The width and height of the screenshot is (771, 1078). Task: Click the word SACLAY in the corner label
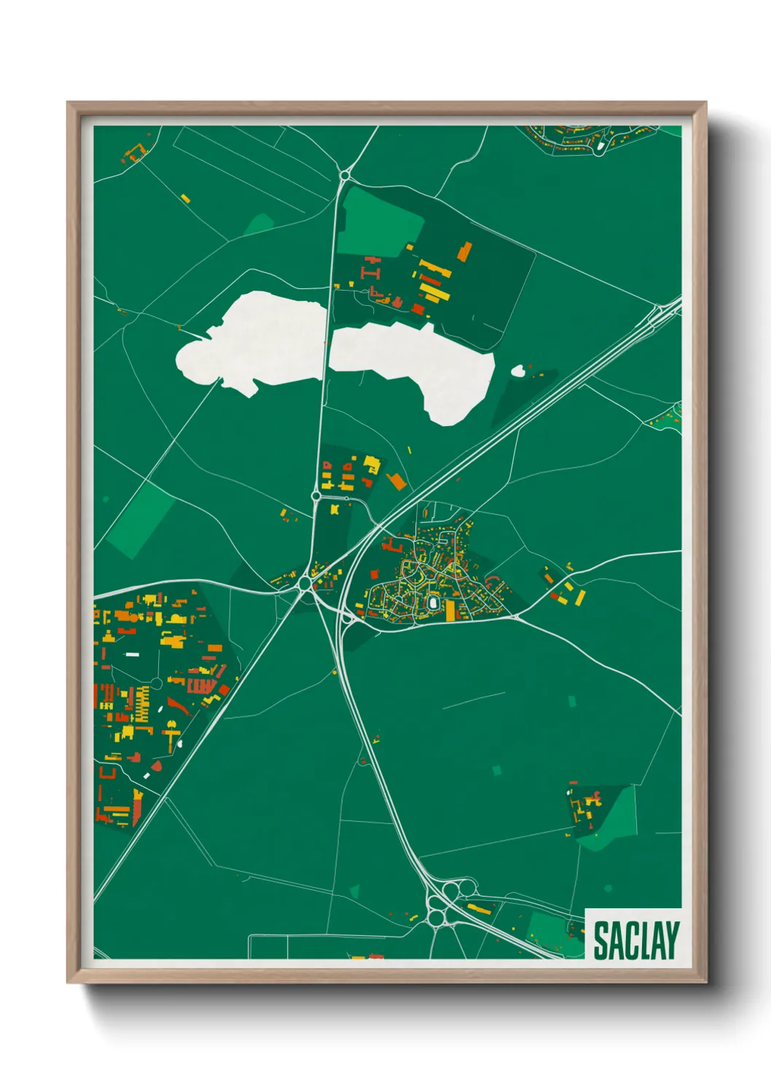point(635,940)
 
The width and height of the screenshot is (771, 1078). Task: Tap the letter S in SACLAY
point(602,940)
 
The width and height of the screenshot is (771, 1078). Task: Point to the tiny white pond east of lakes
point(518,371)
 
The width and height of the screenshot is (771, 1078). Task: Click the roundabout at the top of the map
point(345,176)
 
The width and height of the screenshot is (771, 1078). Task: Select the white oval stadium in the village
point(433,604)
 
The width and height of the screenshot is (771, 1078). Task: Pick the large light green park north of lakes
point(379,222)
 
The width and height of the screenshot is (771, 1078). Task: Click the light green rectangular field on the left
point(141,520)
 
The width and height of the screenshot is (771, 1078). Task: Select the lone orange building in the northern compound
point(464,252)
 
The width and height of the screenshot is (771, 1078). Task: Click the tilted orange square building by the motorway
point(397,481)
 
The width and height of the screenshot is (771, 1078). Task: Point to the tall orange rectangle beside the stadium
point(450,610)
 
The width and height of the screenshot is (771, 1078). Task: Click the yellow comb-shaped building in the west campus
point(141,703)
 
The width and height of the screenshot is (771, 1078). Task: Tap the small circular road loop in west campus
point(155,684)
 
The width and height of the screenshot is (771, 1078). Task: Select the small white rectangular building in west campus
point(133,654)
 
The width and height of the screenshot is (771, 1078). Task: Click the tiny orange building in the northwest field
point(185,198)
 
